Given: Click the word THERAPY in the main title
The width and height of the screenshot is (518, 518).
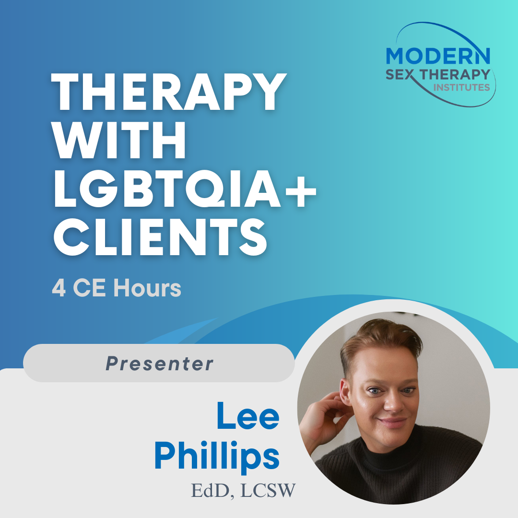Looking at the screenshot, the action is pyautogui.click(x=169, y=91).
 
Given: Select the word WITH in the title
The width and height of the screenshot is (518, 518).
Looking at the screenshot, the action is pyautogui.click(x=119, y=140).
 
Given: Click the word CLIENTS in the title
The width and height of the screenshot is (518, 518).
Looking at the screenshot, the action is pyautogui.click(x=160, y=237).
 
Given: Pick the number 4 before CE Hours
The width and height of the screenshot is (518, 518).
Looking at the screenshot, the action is pyautogui.click(x=59, y=288).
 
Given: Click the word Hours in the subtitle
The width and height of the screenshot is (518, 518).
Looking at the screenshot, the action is pyautogui.click(x=147, y=288).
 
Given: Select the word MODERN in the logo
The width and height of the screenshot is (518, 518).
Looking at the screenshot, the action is pyautogui.click(x=438, y=56).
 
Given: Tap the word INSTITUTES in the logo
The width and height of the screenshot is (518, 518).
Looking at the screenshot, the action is pyautogui.click(x=461, y=88).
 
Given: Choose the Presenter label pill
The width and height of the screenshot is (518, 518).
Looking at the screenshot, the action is pyautogui.click(x=159, y=363).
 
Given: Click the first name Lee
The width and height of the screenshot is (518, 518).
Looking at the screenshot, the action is pyautogui.click(x=248, y=415).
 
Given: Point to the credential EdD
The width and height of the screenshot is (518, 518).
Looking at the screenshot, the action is pyautogui.click(x=210, y=491).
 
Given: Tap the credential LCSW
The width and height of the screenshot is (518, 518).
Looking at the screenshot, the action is pyautogui.click(x=268, y=491).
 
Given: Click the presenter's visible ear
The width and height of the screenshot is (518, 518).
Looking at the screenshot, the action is pyautogui.click(x=346, y=393).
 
